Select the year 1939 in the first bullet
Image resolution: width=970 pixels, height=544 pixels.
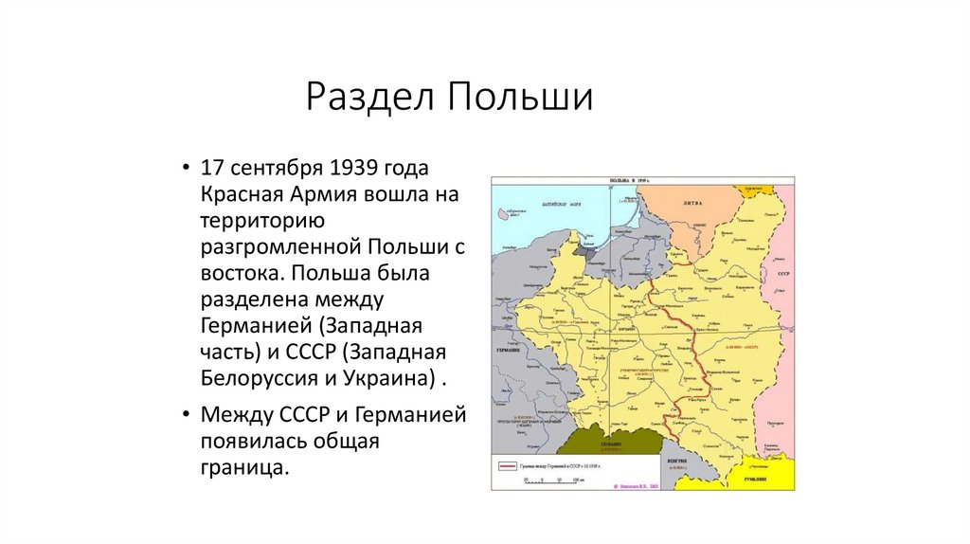coord(354,169)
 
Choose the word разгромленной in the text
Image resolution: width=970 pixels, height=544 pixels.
coord(278,248)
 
